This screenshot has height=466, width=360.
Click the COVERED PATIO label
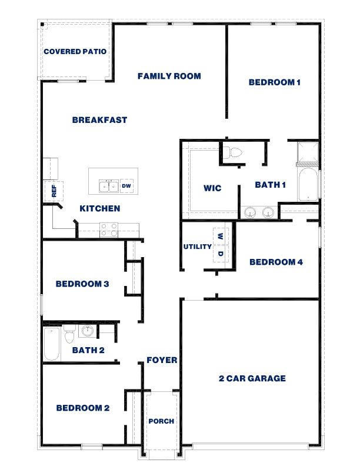(x=75, y=51)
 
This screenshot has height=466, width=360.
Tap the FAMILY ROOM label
(x=169, y=76)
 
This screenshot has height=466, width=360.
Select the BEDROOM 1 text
(x=275, y=83)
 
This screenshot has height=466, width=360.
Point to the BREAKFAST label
(x=99, y=120)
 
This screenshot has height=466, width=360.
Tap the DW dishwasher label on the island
(x=126, y=187)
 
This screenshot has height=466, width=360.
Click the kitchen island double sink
(x=108, y=187)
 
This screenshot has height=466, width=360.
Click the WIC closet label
(x=212, y=188)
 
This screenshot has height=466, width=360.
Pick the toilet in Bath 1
(x=235, y=153)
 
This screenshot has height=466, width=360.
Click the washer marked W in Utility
(x=220, y=236)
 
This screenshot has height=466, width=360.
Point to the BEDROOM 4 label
(x=276, y=262)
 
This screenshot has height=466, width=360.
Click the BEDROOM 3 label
(x=82, y=284)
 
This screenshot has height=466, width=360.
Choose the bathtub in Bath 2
(x=52, y=344)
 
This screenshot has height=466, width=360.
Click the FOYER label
(x=162, y=360)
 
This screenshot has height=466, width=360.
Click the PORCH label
(x=161, y=421)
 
